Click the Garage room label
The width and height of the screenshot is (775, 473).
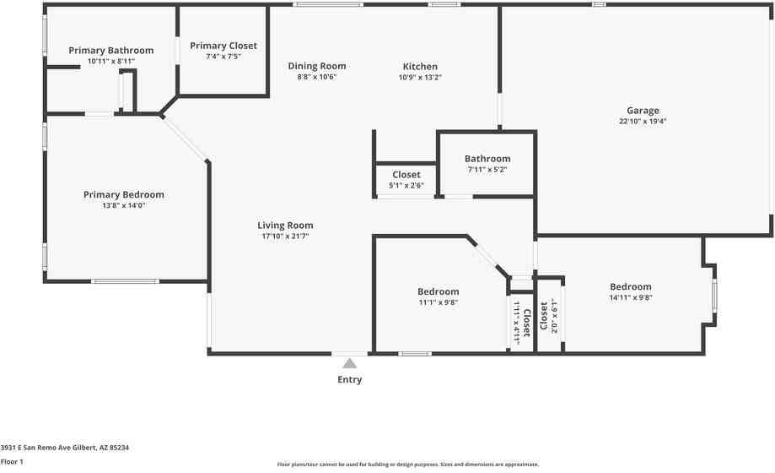tap(643, 111)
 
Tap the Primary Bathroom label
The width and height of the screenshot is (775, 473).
tap(111, 51)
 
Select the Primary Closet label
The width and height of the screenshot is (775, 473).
tap(223, 46)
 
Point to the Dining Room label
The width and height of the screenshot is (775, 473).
tap(317, 66)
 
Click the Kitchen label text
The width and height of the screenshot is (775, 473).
tap(420, 66)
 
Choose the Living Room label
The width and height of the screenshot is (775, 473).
tap(285, 226)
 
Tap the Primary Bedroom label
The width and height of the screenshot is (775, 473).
tap(124, 194)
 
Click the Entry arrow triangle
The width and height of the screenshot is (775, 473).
tap(349, 363)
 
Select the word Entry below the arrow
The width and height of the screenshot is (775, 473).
tap(350, 380)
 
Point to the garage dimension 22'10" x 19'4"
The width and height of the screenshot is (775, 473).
tap(643, 122)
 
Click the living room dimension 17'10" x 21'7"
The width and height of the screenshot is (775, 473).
tap(285, 236)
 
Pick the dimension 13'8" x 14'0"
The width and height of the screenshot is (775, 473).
tap(124, 205)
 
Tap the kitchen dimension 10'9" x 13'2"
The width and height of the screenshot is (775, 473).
tap(420, 77)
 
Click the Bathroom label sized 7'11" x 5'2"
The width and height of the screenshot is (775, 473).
tap(487, 159)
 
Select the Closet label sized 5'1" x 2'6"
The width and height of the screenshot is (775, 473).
tap(406, 175)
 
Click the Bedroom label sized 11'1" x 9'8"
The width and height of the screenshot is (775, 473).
tap(439, 291)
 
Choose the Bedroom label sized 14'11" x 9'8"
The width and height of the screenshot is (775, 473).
tap(631, 286)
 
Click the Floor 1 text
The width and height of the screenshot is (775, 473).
tap(12, 462)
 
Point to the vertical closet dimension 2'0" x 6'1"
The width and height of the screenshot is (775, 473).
tap(555, 316)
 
